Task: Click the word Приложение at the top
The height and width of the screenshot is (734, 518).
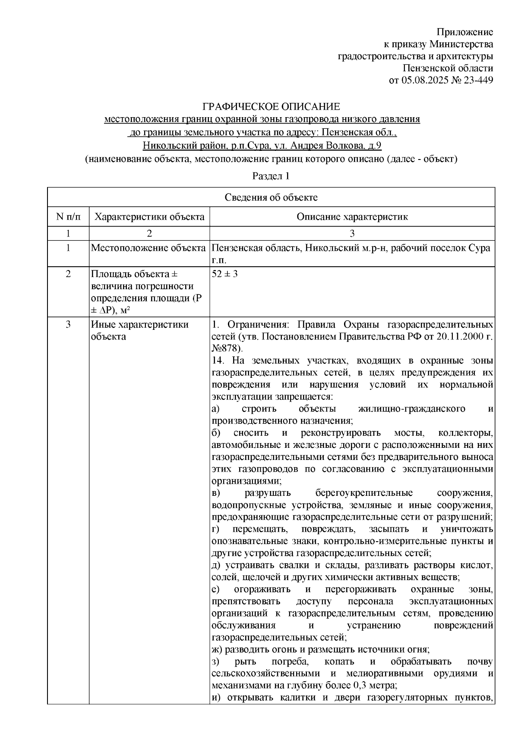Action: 465,32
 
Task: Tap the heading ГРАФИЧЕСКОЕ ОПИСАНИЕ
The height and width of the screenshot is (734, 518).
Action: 272,106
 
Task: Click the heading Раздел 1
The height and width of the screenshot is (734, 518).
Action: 271,176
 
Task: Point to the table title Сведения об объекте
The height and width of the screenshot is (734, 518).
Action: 271,198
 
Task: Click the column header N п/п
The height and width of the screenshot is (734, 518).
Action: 68,217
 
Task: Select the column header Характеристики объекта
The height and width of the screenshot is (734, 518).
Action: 149,217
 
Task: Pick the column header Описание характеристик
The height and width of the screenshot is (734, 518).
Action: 352,217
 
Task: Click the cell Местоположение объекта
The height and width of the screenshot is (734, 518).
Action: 148,248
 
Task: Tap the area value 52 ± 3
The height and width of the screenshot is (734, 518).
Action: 225,274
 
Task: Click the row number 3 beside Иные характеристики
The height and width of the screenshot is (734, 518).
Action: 68,325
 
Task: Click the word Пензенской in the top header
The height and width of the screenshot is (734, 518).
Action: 427,68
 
